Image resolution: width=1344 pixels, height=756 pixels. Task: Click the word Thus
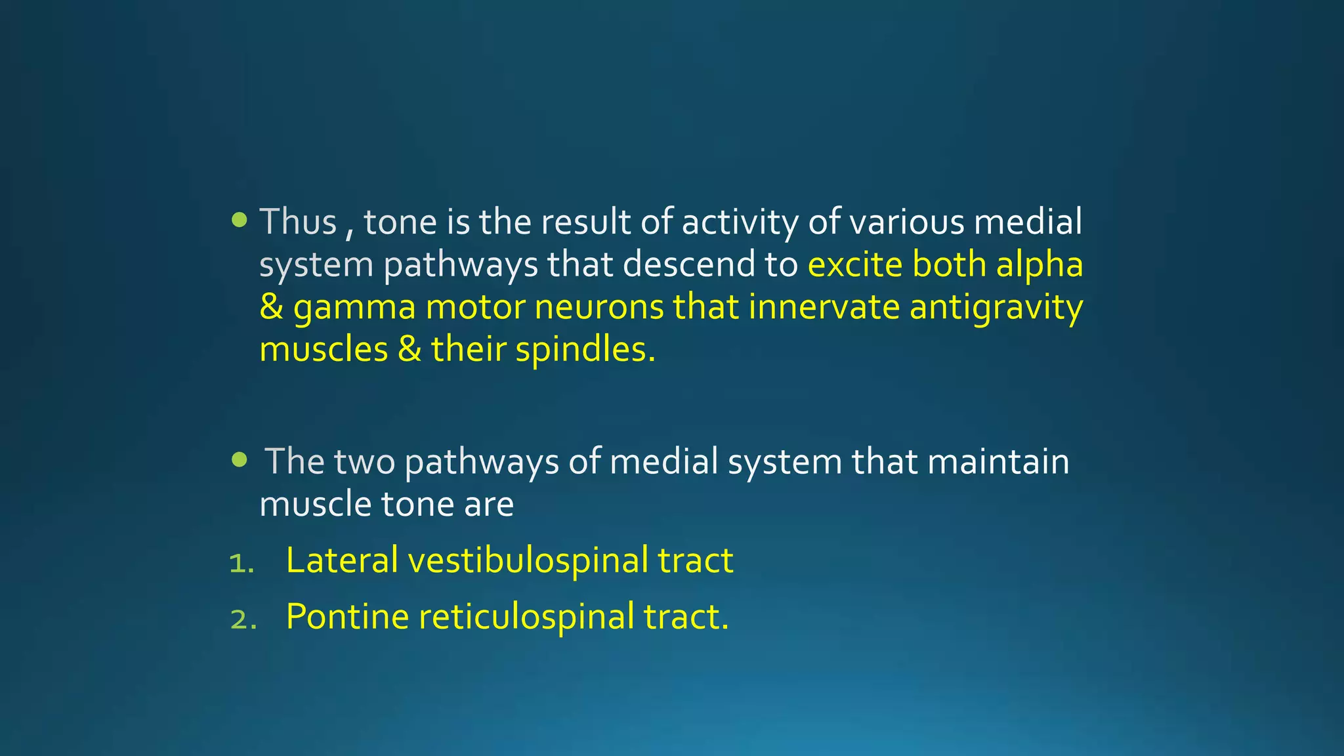[298, 222]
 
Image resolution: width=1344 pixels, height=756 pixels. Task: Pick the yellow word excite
[855, 264]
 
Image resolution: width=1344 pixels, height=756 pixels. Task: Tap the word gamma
[354, 307]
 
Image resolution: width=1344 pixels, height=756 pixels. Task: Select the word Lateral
[342, 560]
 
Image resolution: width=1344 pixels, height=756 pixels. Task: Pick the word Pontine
[347, 617]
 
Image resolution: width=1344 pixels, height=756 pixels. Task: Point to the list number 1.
[241, 563]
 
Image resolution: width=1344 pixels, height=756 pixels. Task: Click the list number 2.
[243, 619]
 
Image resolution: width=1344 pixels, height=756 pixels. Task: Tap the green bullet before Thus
[240, 220]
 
